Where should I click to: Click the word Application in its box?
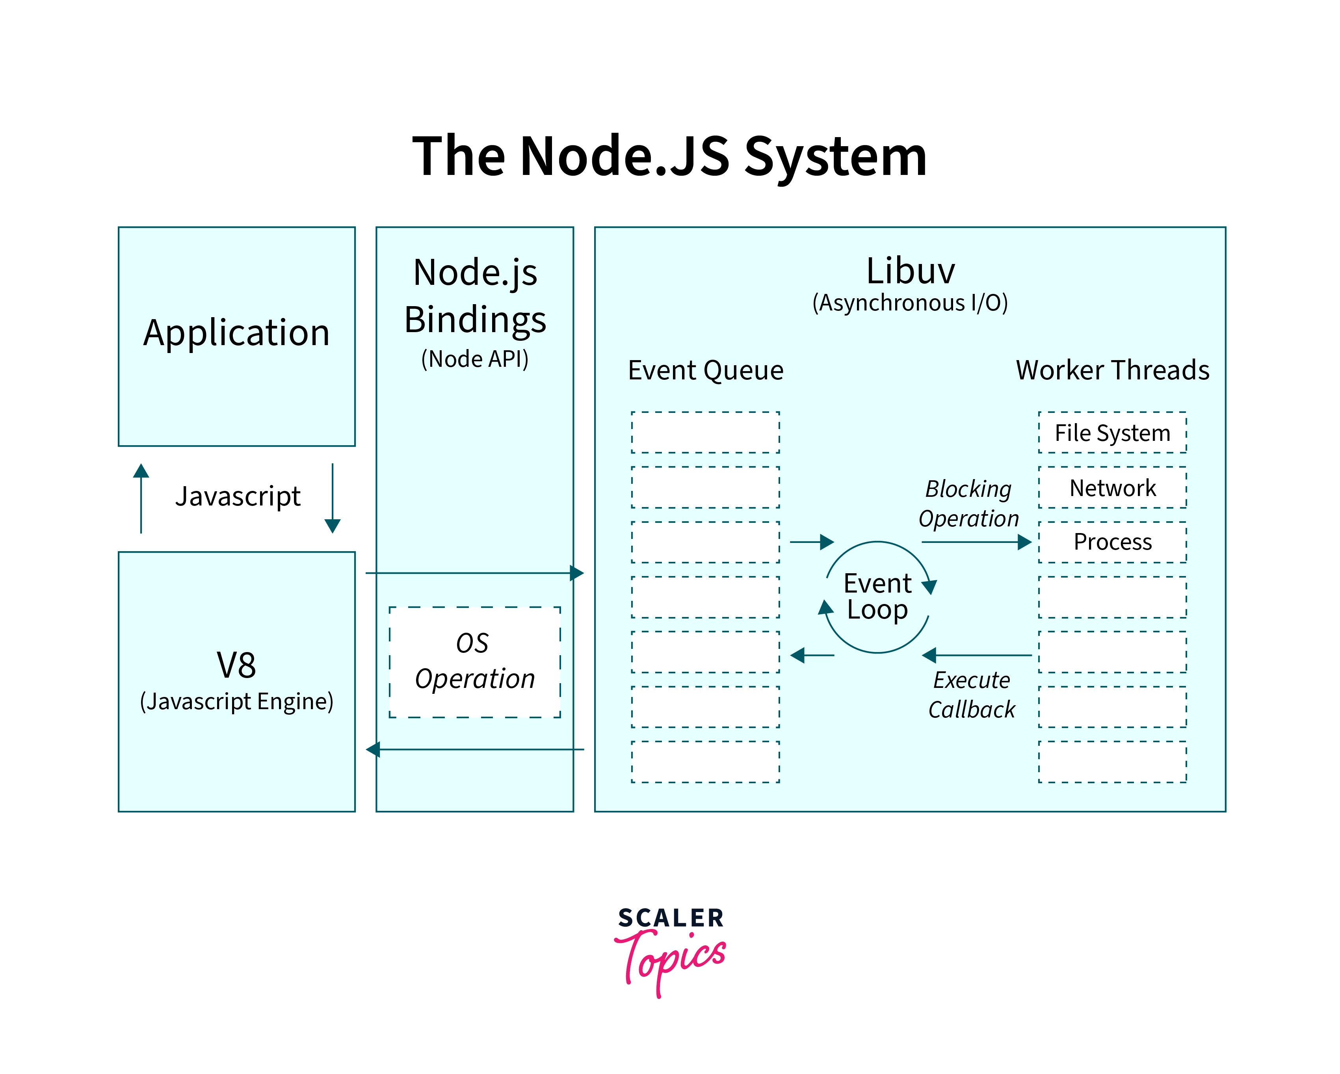pyautogui.click(x=236, y=333)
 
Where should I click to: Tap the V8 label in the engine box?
pyautogui.click(x=236, y=665)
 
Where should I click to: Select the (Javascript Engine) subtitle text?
pyautogui.click(x=236, y=701)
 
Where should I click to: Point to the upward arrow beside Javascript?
pyautogui.click(x=141, y=497)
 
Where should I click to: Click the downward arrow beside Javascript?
pyautogui.click(x=333, y=497)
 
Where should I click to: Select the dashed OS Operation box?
pyautogui.click(x=475, y=662)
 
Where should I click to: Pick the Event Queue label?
pyautogui.click(x=705, y=370)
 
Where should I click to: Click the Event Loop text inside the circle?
pyautogui.click(x=877, y=596)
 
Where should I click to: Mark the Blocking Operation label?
pyautogui.click(x=968, y=504)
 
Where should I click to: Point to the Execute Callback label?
pyautogui.click(x=972, y=694)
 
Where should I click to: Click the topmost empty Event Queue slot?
pyautogui.click(x=705, y=433)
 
